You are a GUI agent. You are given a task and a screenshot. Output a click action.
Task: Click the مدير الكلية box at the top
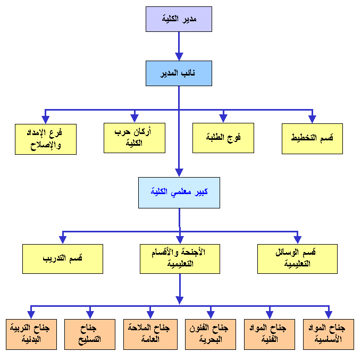(179, 19)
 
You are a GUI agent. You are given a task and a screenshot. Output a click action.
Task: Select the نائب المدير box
(179, 73)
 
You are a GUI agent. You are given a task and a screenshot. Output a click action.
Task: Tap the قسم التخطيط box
(312, 138)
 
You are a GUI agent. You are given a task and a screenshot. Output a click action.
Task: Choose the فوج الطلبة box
(223, 138)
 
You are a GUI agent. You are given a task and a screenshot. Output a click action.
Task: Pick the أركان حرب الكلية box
(135, 138)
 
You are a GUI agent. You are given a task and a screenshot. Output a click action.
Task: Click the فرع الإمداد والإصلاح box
(46, 138)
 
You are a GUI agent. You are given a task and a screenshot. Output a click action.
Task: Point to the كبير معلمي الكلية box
(179, 191)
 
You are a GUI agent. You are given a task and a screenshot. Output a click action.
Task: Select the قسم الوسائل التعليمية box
(297, 258)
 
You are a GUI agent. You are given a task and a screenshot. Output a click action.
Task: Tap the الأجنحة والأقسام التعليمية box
(180, 258)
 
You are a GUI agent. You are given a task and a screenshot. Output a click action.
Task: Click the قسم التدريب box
(63, 258)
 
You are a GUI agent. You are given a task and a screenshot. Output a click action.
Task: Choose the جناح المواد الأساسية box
(329, 334)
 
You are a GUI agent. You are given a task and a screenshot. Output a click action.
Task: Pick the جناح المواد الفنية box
(269, 334)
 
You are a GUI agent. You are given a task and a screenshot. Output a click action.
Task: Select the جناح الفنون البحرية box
(210, 334)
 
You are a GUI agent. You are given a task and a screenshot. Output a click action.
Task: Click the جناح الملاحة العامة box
(150, 334)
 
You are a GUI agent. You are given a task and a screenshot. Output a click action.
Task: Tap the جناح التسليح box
(90, 334)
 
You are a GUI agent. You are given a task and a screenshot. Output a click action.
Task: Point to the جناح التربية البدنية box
(31, 334)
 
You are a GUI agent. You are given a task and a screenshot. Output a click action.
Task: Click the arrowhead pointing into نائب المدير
(179, 56)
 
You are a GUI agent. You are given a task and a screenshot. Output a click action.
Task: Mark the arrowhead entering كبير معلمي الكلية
(179, 172)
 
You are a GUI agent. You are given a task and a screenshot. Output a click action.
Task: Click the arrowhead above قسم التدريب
(63, 239)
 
